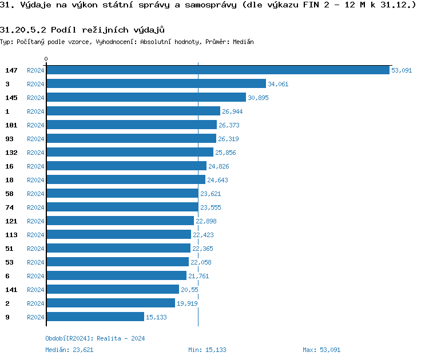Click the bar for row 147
tap(217, 70)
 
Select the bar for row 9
tap(95, 317)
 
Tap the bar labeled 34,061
tap(156, 84)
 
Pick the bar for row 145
tap(146, 98)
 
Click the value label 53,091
tap(402, 70)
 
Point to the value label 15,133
tap(156, 317)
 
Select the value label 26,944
tap(232, 111)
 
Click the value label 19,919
tap(187, 303)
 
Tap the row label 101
tap(11, 125)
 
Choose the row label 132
tap(11, 153)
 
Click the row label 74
tap(9, 207)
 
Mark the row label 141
tap(11, 290)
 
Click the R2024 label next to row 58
tap(35, 194)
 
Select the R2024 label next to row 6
tap(35, 276)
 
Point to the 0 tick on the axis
tap(46, 59)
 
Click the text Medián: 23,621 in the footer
tap(69, 350)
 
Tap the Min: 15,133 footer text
tap(207, 350)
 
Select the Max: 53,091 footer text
tap(321, 350)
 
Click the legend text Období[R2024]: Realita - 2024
tap(95, 338)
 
